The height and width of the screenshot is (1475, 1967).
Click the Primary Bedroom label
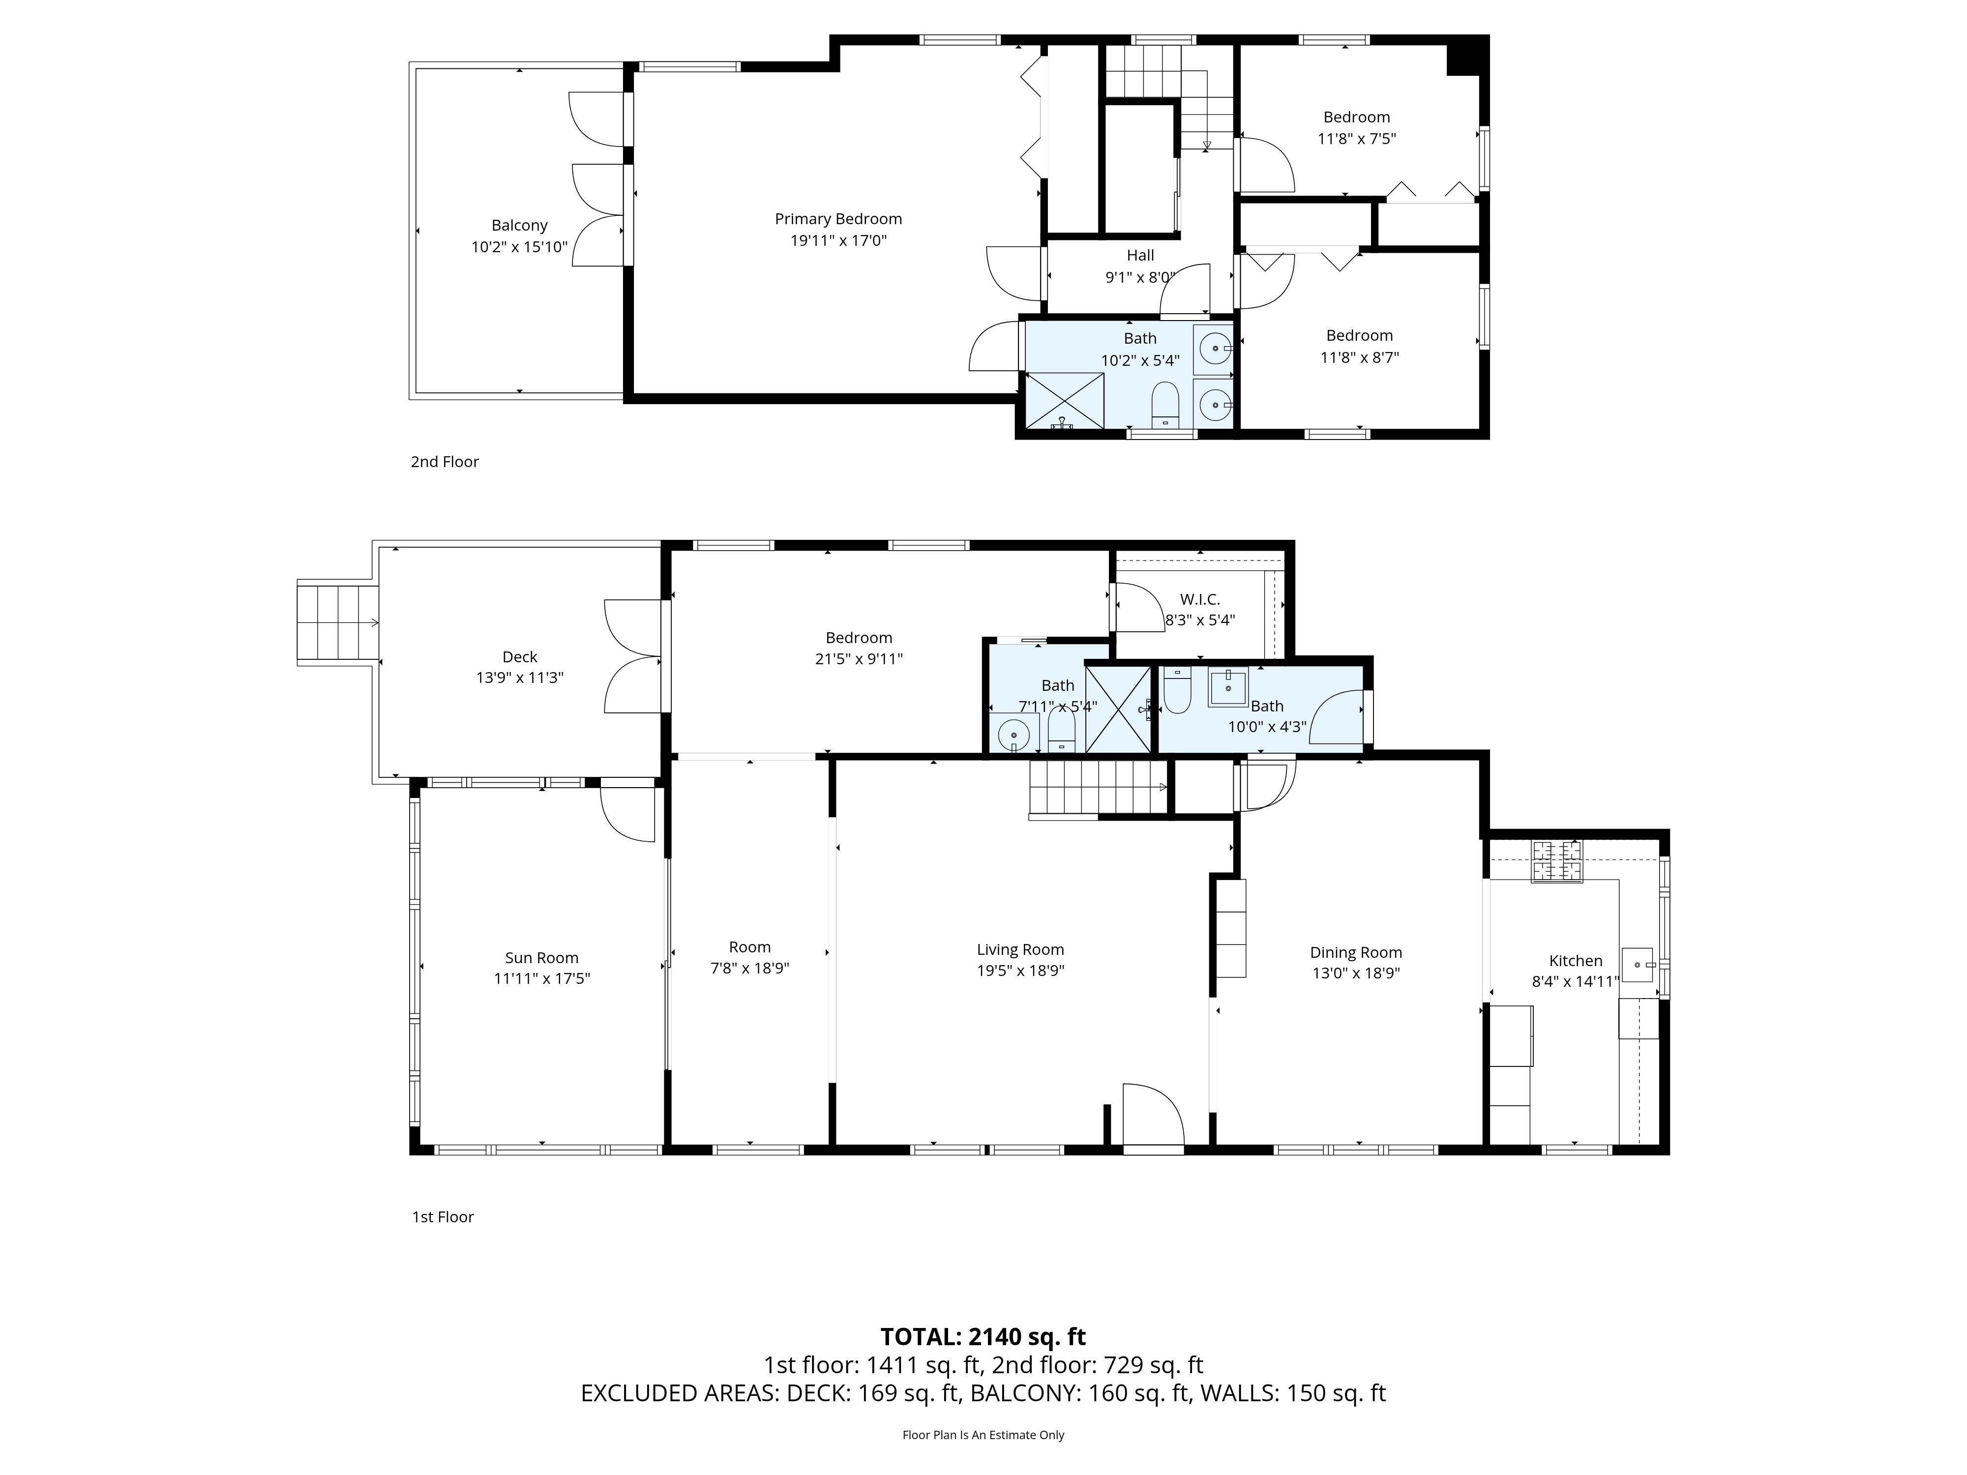pos(837,219)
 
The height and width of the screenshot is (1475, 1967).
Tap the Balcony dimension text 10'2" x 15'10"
pos(519,247)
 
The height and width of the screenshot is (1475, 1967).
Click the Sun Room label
pos(541,958)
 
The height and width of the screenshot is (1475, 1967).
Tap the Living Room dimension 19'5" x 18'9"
pos(1020,971)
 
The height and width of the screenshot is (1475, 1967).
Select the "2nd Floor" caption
pos(445,462)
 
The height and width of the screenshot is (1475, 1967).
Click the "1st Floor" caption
pos(443,1217)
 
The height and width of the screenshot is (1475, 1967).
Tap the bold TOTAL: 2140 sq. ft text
pos(983,1337)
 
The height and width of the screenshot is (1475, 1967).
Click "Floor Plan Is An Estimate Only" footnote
pos(983,1435)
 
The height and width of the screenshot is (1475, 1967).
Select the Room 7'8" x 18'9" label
pos(749,958)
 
